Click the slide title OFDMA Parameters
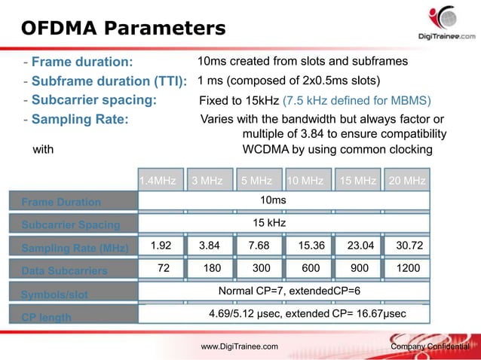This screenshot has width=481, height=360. [123, 29]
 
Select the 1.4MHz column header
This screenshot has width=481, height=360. [158, 181]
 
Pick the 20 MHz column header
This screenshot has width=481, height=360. [407, 181]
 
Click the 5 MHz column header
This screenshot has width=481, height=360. [256, 181]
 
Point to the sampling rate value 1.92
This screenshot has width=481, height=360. [162, 245]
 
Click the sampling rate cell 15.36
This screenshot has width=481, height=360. [311, 245]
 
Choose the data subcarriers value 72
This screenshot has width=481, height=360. [162, 267]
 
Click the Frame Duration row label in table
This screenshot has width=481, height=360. [61, 202]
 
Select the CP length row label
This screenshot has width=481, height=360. [46, 317]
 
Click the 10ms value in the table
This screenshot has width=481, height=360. [272, 200]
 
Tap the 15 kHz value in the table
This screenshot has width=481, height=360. [269, 223]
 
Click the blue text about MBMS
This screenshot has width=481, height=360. [356, 100]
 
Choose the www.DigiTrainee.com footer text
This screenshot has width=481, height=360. [239, 346]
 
